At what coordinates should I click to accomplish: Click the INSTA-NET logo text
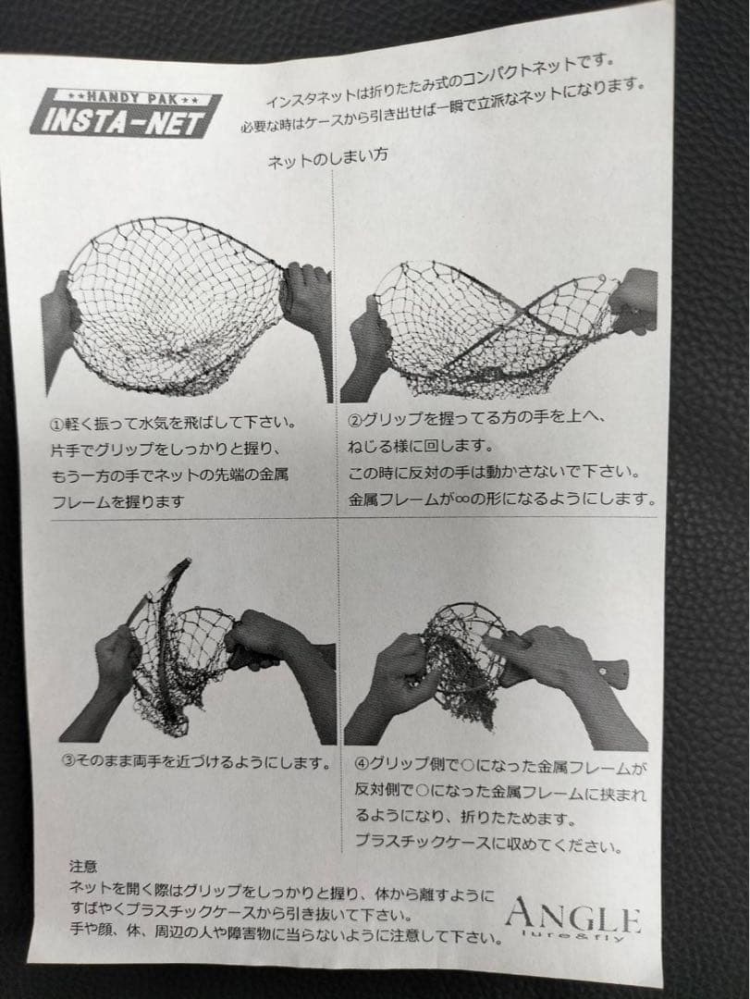click(x=125, y=119)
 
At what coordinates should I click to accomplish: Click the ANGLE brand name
click(x=572, y=918)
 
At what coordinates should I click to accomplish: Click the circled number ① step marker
click(x=57, y=425)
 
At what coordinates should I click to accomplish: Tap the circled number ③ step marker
click(x=68, y=764)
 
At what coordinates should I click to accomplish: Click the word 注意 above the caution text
click(x=82, y=868)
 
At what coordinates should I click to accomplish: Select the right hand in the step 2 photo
click(x=634, y=301)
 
